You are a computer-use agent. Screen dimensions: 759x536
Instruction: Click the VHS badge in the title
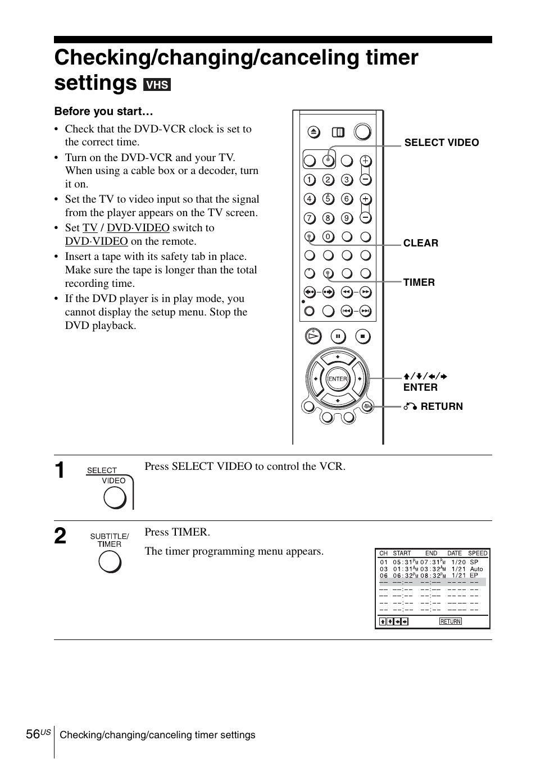pyautogui.click(x=157, y=84)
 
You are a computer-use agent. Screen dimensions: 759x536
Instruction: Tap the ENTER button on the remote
pyautogui.click(x=338, y=379)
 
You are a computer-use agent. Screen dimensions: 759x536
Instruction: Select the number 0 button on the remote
pyautogui.click(x=328, y=236)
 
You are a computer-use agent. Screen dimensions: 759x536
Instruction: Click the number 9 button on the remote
pyautogui.click(x=347, y=218)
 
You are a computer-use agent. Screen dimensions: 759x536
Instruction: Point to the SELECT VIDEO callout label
pyautogui.click(x=441, y=143)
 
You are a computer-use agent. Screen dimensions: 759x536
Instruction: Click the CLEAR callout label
pyautogui.click(x=420, y=243)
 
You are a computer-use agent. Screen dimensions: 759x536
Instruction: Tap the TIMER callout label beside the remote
pyautogui.click(x=419, y=282)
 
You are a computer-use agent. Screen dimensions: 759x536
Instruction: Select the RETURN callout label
pyautogui.click(x=441, y=406)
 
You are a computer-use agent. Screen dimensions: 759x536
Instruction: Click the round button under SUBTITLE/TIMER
pyautogui.click(x=110, y=561)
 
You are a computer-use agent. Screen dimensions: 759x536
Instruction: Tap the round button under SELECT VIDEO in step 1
pyautogui.click(x=114, y=497)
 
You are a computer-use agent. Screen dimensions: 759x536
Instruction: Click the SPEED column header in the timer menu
pyautogui.click(x=478, y=553)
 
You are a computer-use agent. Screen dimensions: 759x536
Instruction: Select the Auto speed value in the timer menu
pyautogui.click(x=476, y=569)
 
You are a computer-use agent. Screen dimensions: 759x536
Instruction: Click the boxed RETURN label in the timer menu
pyautogui.click(x=450, y=621)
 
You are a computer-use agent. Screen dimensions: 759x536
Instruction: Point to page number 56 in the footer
pyautogui.click(x=33, y=734)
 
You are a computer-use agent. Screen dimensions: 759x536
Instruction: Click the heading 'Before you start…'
pyautogui.click(x=103, y=112)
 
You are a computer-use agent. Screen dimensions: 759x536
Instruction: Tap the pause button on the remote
pyautogui.click(x=338, y=336)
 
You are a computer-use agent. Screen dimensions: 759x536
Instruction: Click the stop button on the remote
pyautogui.click(x=362, y=336)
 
